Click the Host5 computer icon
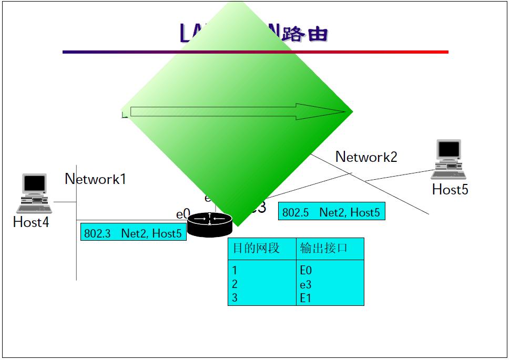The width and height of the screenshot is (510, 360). [448, 159]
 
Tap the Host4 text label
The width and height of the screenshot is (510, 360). [31, 222]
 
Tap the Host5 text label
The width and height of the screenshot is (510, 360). [450, 189]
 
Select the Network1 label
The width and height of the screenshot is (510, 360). [96, 179]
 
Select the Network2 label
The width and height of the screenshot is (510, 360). [366, 157]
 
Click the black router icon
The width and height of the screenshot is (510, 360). [210, 225]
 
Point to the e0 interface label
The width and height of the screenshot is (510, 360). [182, 214]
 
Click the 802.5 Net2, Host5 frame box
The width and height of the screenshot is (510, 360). [331, 212]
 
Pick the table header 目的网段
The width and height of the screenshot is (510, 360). [256, 249]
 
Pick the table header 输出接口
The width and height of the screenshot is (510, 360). [324, 249]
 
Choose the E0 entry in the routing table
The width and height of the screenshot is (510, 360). [306, 271]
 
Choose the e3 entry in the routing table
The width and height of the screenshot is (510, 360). [306, 284]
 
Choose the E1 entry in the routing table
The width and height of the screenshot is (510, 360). [306, 298]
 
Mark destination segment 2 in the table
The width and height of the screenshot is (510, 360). [235, 284]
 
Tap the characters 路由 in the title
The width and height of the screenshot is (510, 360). [305, 34]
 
